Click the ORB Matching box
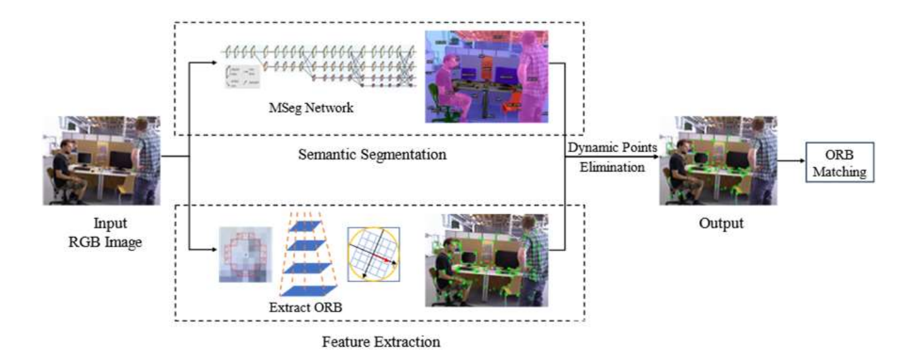pyautogui.click(x=839, y=162)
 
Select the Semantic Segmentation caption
pyautogui.click(x=372, y=154)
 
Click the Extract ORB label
pyautogui.click(x=306, y=307)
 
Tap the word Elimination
pyautogui.click(x=612, y=167)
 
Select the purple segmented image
pyautogui.click(x=487, y=76)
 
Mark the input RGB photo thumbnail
pyautogui.click(x=101, y=160)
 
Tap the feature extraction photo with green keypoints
pyautogui.click(x=487, y=260)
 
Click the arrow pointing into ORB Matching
pyautogui.click(x=791, y=162)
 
